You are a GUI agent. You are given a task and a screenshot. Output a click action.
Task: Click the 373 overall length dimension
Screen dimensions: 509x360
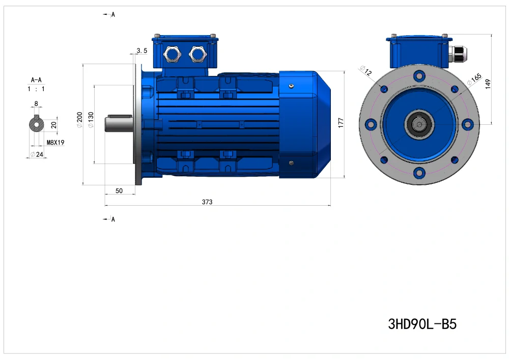[207, 202]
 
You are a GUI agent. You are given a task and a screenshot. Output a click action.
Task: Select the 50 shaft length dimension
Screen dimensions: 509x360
[119, 191]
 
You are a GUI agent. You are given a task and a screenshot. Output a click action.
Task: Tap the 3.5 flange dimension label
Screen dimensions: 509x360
[142, 50]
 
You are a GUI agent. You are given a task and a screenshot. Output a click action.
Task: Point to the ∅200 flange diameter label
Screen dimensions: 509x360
[79, 120]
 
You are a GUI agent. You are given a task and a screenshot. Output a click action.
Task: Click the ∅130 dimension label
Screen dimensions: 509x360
[91, 120]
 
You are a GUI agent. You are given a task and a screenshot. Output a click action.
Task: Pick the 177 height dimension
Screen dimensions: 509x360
[341, 123]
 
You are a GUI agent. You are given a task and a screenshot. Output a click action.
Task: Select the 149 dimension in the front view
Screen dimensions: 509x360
[488, 84]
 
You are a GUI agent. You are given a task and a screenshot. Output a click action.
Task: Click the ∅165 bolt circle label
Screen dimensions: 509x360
[474, 79]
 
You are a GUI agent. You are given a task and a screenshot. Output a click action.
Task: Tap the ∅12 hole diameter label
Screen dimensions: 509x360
[366, 70]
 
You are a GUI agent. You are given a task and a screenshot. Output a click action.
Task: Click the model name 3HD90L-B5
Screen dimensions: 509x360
[422, 324]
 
